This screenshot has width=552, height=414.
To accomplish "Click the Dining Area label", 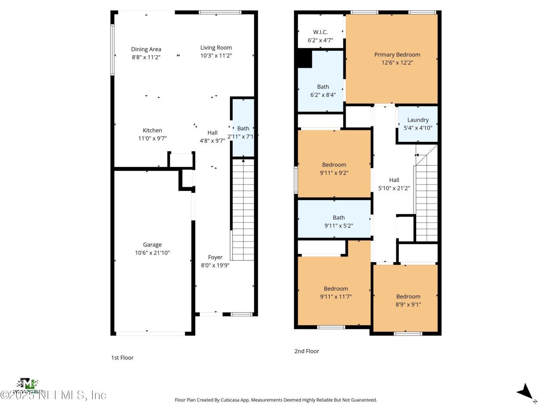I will (146, 49).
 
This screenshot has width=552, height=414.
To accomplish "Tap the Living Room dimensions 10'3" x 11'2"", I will (216, 56).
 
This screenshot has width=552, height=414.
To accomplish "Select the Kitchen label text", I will (152, 130).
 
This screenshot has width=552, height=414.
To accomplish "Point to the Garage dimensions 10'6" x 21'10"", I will (152, 253).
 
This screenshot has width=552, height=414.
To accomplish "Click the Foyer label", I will (215, 257).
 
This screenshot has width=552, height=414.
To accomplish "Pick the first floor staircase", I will (243, 210).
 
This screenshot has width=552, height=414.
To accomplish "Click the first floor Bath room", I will (243, 128).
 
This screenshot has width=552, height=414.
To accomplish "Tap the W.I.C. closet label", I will (320, 32).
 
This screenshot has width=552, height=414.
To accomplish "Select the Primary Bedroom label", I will (397, 54).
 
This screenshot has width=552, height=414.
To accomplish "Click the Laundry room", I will (417, 124).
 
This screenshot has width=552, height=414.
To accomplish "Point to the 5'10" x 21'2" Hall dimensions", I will (394, 188).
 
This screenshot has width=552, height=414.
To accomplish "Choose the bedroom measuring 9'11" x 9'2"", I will (334, 169).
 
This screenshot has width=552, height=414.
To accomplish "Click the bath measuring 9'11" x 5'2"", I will (339, 222).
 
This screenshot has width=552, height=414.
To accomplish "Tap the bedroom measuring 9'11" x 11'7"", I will (336, 292).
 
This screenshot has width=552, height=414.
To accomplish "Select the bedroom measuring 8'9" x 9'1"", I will (408, 300).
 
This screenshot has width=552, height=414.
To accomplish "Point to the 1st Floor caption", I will (122, 358).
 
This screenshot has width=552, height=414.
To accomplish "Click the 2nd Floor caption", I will (307, 351).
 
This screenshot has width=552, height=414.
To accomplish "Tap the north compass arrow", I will (525, 391).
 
